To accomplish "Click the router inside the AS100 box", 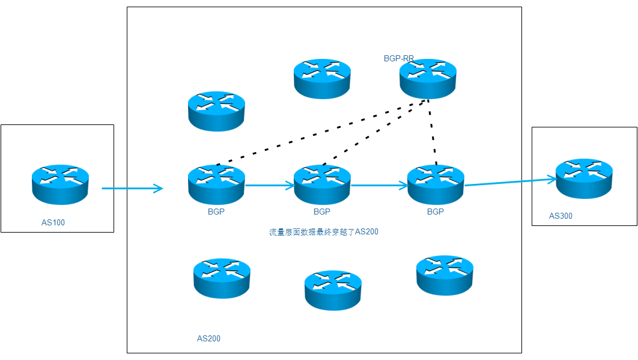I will pos(60,182).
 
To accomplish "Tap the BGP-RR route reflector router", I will pos(428,78).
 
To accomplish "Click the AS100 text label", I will pos(53,223).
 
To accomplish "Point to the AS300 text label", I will pos(561,216).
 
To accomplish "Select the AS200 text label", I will pos(208,338).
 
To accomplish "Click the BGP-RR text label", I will pos(398,59).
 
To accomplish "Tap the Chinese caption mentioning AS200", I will pos(323,232).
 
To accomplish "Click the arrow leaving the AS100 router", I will pos(132,189).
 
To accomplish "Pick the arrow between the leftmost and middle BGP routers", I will pos(270,185).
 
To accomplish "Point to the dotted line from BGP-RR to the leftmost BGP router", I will pos(318,133).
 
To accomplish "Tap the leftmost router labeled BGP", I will pos(216,183).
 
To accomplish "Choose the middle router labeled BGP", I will pos(322,183).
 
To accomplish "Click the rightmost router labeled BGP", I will pos(436,183).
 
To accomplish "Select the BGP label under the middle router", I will pos(322,212).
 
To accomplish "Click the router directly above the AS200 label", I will pos(222,278).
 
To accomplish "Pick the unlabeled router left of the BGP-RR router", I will pos(322,78).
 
